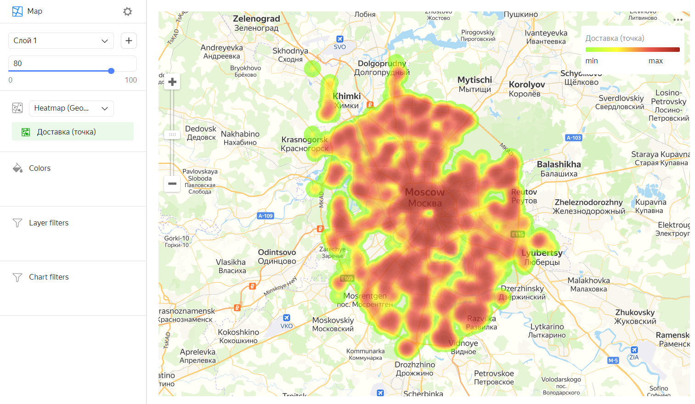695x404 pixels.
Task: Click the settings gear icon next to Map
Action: point(128,11)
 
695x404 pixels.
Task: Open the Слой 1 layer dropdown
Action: point(61,40)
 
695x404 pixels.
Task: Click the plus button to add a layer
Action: point(129,40)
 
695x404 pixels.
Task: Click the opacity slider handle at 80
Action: point(111,71)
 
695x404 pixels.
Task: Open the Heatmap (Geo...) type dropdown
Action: point(71,108)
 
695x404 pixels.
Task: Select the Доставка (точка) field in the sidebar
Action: point(73,132)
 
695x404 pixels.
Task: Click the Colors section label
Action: point(40,168)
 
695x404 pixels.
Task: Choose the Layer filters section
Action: point(49,223)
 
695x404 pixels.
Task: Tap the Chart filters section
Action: point(49,277)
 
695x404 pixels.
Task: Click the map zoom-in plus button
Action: point(172,82)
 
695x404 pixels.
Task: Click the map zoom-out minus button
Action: point(172,184)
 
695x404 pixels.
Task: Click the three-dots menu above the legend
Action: point(678,20)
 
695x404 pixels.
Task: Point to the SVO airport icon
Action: point(340,39)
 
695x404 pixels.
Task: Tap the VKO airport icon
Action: point(287,318)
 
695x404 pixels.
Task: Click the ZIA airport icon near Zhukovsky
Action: point(634,350)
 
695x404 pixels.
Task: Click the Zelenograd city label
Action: point(256,19)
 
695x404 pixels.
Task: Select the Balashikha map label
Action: point(559,164)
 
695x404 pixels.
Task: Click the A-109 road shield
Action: point(266,216)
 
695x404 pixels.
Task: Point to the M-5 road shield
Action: point(613,360)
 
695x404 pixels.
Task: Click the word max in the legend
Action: point(655,61)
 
